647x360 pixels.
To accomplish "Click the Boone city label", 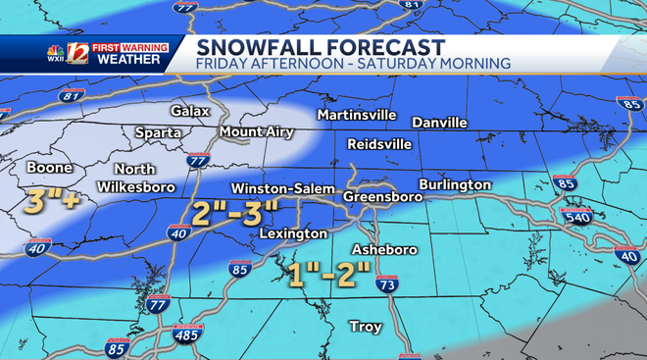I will point(49,168).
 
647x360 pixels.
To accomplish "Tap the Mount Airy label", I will point(254,131).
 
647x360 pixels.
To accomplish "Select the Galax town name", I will point(190,111).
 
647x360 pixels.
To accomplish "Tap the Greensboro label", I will point(383,197).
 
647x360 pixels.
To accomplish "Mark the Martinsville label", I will point(356,116).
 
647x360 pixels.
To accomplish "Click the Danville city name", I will point(439,123).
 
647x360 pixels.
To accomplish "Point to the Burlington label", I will point(454,184).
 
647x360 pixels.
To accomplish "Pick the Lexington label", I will point(293,234).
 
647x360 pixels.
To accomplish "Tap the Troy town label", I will point(366,327).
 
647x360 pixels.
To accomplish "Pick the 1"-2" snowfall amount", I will point(330,275).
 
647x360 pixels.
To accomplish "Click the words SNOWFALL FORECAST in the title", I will point(320,46).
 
